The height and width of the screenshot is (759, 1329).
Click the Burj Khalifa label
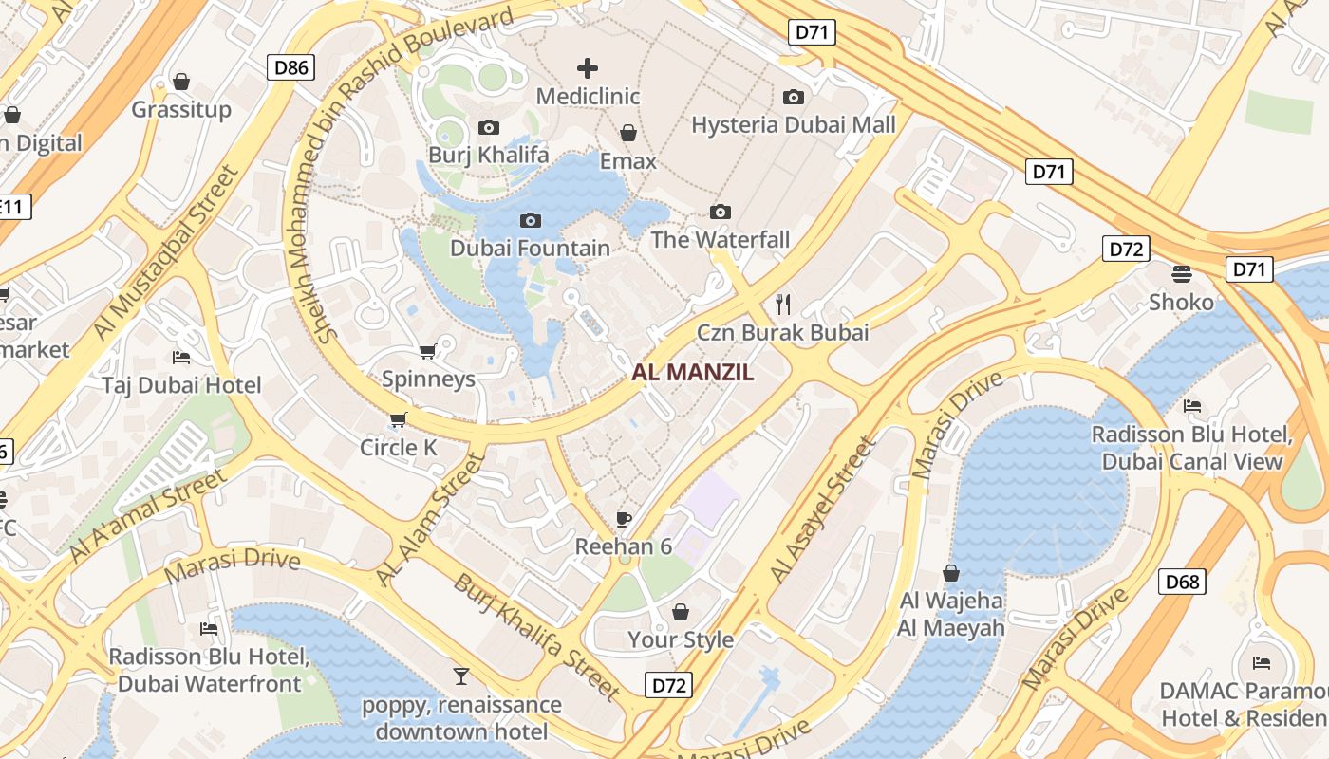(488, 155)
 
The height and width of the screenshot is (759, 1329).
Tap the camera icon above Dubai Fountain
(531, 220)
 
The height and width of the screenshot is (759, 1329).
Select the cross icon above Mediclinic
(588, 67)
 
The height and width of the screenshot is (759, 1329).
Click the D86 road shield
(290, 66)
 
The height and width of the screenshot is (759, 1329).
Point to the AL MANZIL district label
(692, 373)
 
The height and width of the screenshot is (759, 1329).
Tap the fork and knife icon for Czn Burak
(783, 304)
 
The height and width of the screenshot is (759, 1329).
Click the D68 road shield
(1182, 582)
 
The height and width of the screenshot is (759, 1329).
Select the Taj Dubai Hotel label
(181, 385)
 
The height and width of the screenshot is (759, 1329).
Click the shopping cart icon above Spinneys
(428, 351)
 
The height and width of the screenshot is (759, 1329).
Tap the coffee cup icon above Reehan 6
(623, 518)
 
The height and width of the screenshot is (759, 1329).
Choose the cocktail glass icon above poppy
(461, 676)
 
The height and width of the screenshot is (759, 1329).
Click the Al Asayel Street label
(822, 510)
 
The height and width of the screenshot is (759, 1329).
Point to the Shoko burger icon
(1182, 274)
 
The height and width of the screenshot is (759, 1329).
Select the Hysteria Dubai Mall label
(793, 125)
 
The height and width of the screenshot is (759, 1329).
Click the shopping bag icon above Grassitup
(181, 82)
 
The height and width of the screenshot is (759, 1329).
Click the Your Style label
(681, 639)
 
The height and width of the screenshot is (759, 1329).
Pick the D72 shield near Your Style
(668, 685)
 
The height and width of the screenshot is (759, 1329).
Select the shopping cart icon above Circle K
(398, 419)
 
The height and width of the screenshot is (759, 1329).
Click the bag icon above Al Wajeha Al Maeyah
(950, 573)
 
